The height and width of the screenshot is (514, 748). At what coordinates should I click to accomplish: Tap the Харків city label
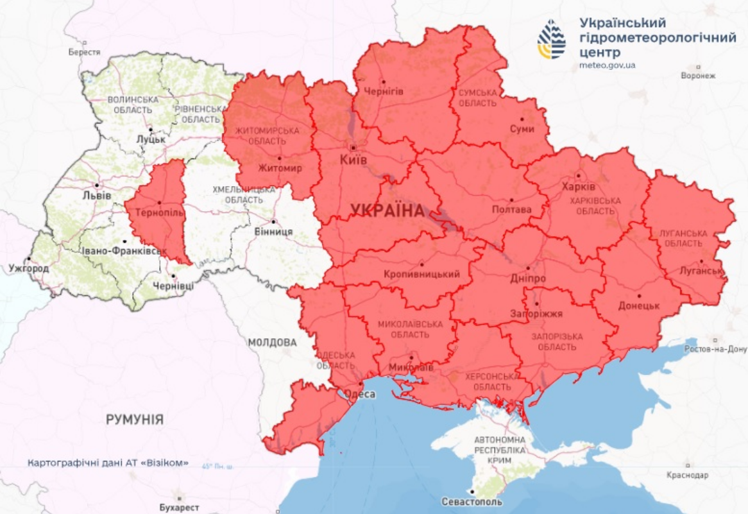point(578,186)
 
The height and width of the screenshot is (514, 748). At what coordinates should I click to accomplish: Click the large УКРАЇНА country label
point(387,210)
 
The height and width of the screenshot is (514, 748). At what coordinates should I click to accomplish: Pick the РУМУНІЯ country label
point(135,420)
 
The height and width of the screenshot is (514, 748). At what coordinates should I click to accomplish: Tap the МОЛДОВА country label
point(273,343)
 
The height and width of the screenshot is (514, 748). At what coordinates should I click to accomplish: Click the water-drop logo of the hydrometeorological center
point(552,40)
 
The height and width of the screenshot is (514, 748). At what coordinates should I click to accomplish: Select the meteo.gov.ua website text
point(607,65)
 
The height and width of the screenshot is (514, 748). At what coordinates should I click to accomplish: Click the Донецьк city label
point(639,305)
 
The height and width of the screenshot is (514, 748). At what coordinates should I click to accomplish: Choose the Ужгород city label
point(28,268)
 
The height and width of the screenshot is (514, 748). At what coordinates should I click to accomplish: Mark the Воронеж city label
point(698,76)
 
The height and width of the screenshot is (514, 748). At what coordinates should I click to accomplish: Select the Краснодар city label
point(687,475)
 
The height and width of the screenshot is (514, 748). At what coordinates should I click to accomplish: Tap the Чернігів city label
point(384,91)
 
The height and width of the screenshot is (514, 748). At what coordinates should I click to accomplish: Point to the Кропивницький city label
point(421,274)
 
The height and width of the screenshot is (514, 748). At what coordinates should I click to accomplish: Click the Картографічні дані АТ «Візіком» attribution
point(108,463)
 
